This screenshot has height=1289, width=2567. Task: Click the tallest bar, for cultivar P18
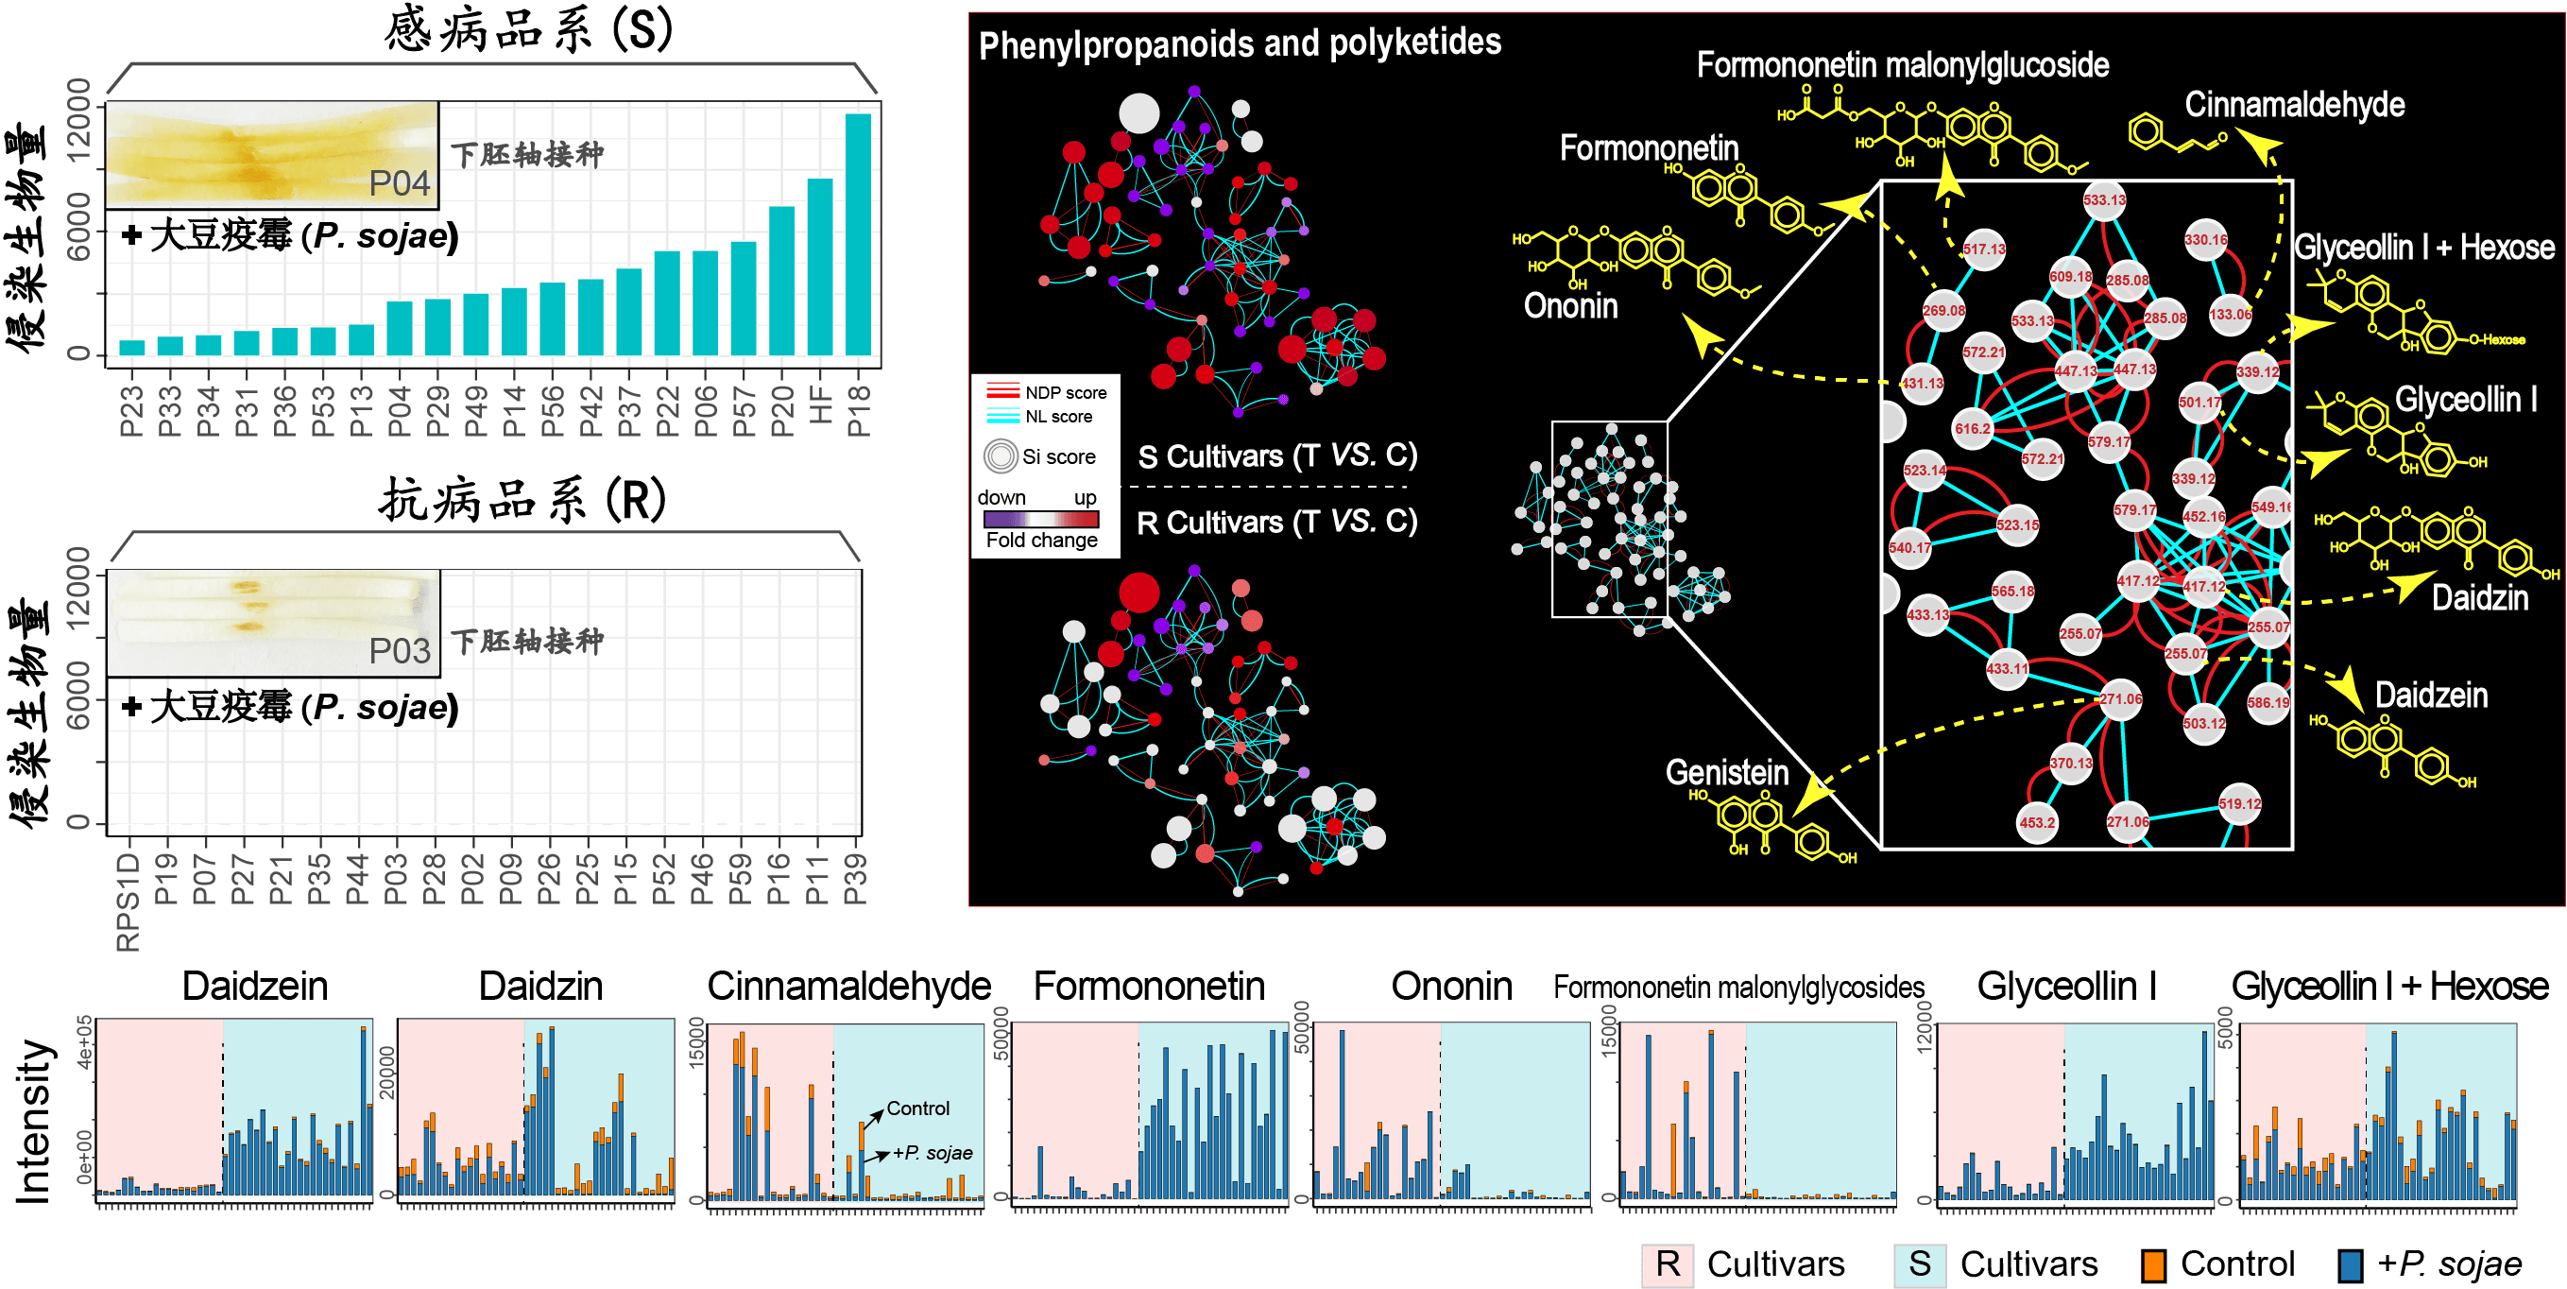[858, 234]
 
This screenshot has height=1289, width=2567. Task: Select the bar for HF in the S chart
[820, 266]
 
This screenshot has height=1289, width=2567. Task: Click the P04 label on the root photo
[400, 183]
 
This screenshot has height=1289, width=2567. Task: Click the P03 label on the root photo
[400, 651]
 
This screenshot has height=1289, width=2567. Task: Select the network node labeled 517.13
[1983, 250]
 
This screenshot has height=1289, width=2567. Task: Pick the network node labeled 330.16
[2205, 240]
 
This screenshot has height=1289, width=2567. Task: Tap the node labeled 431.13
[1923, 384]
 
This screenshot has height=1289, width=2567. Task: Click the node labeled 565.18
[2012, 593]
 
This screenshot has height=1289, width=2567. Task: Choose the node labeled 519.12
[2239, 804]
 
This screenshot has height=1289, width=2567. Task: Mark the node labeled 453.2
[2037, 823]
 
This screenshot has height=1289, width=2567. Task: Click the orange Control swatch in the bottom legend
[2152, 1265]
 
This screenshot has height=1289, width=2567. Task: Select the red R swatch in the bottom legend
[1668, 1265]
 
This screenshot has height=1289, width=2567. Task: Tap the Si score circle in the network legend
[1001, 456]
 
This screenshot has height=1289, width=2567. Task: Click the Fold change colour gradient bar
[1040, 520]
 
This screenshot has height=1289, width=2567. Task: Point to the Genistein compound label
[1727, 773]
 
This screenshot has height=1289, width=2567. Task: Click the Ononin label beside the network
[1570, 306]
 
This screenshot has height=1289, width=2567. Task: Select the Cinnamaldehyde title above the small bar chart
[849, 986]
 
